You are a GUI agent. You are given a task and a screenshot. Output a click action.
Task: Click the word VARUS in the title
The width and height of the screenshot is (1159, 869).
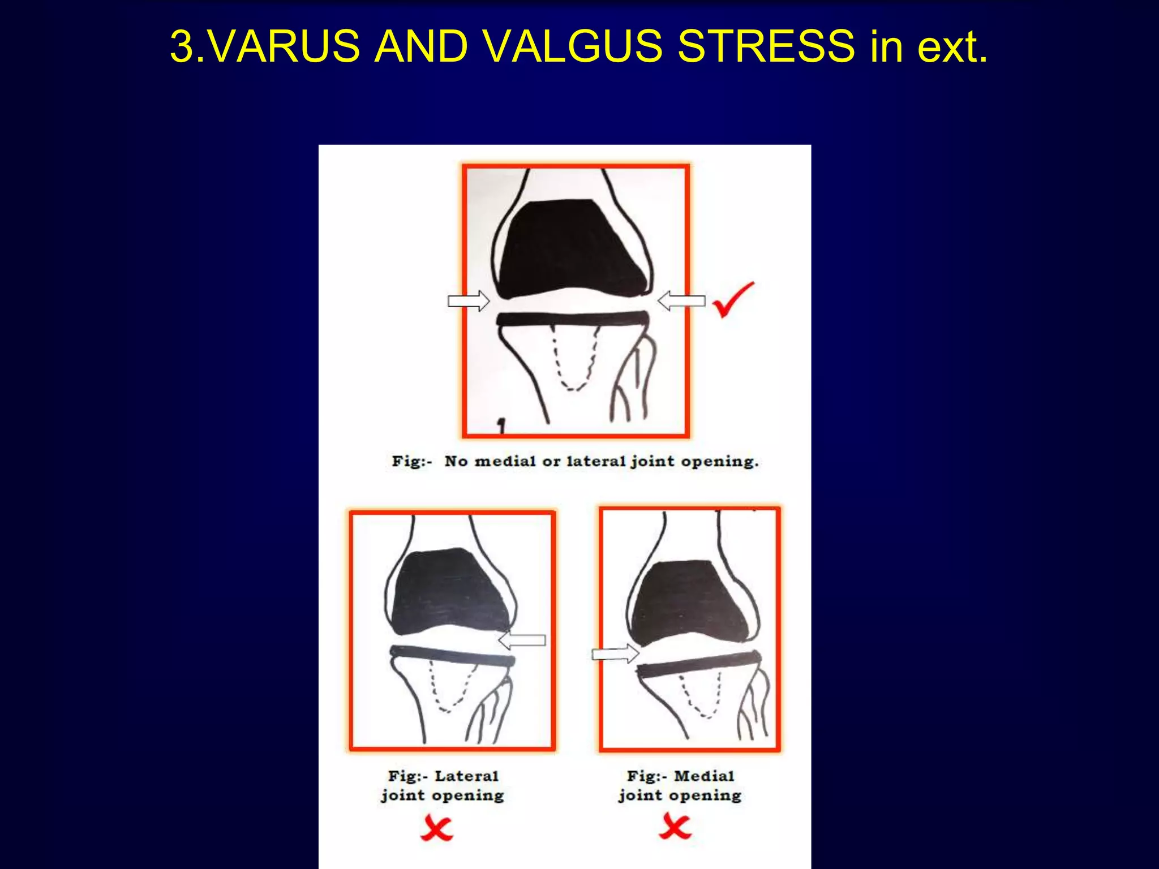point(287,46)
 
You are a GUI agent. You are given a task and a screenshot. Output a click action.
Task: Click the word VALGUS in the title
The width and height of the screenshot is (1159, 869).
point(573,46)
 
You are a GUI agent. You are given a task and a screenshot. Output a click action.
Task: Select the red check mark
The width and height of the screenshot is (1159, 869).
point(733,299)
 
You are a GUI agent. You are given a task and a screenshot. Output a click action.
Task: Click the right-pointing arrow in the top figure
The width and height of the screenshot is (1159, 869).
point(468,300)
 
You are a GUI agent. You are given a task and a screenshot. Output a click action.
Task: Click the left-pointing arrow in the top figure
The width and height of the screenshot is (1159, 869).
point(681,300)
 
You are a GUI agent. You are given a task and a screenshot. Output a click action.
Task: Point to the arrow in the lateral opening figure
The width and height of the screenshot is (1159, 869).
point(522,640)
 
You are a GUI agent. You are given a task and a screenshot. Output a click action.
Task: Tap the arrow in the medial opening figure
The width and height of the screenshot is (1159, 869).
point(615,654)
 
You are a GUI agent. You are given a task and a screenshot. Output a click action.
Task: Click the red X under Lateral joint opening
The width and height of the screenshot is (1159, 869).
point(436,829)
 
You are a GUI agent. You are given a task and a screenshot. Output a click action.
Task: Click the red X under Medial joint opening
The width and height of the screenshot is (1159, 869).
point(675,828)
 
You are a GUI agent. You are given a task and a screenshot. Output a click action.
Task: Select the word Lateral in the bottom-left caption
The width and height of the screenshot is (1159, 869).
point(466,776)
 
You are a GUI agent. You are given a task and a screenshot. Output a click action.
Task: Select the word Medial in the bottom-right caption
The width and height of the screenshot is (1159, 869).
point(704,776)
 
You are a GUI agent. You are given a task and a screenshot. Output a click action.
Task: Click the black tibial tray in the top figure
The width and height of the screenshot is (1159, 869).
point(572,319)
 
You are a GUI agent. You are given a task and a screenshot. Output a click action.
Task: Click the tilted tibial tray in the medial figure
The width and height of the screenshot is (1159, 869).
point(699,664)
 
